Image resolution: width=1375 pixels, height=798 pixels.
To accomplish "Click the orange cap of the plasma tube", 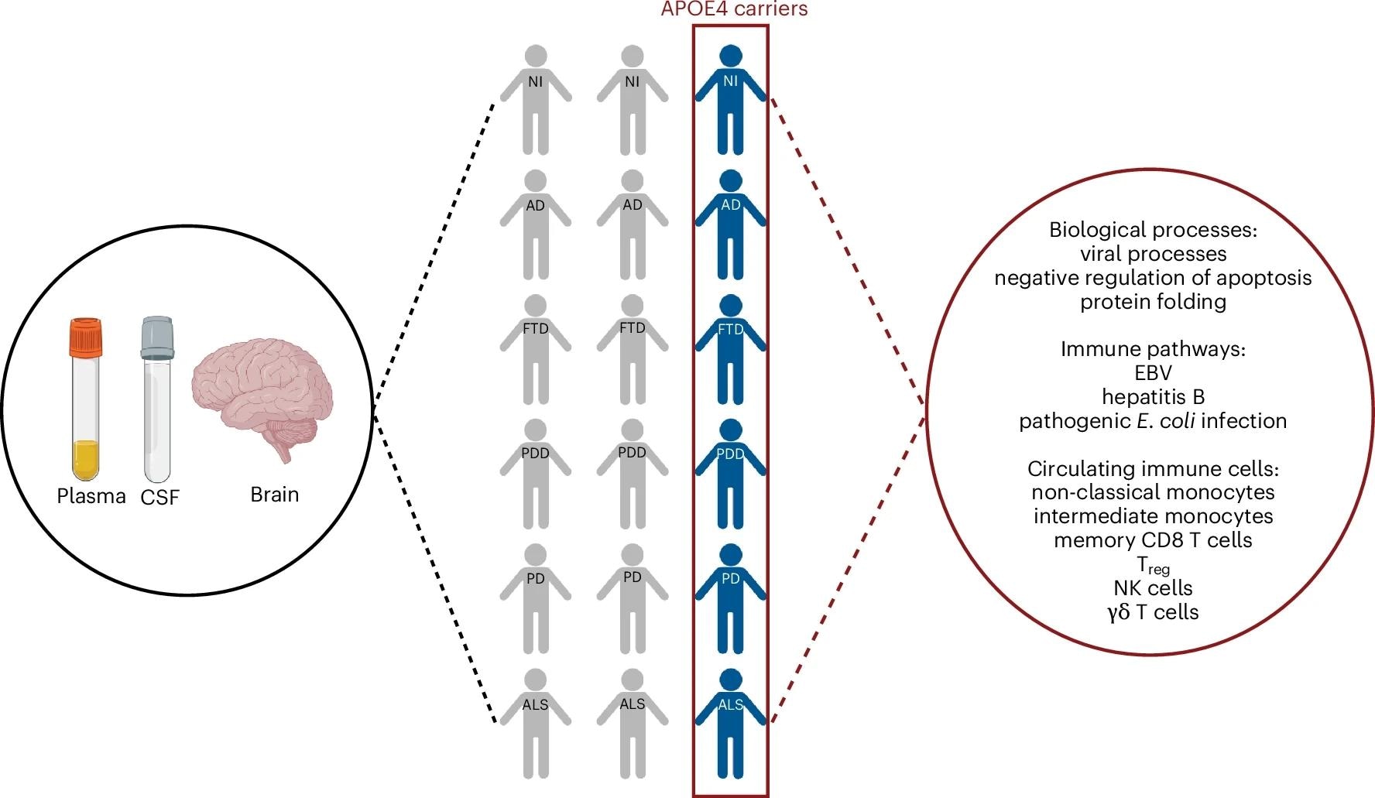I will (x=84, y=337).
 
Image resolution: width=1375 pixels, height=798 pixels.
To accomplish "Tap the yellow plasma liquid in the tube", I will (x=84, y=460).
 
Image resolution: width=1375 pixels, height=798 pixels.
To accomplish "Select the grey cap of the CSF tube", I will (x=158, y=337).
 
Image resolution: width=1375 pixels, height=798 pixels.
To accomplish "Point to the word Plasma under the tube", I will (x=91, y=496).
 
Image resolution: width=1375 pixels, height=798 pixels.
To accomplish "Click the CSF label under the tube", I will (x=159, y=497).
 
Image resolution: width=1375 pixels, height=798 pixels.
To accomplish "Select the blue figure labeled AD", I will (x=730, y=224).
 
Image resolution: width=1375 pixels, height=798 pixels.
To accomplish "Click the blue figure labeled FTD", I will (x=730, y=348).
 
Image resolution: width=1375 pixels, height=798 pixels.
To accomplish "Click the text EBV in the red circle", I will (x=1153, y=373).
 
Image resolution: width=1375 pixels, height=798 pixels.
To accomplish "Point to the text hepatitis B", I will (x=1153, y=397).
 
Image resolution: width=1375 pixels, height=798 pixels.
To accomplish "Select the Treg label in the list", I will (x=1153, y=565).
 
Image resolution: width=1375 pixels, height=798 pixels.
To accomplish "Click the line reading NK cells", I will (x=1153, y=587).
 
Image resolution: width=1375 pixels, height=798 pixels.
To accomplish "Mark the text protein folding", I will (x=1153, y=302).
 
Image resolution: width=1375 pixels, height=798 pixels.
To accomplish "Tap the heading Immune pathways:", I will (x=1153, y=349).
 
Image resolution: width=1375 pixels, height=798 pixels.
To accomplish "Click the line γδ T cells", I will (x=1153, y=612).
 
